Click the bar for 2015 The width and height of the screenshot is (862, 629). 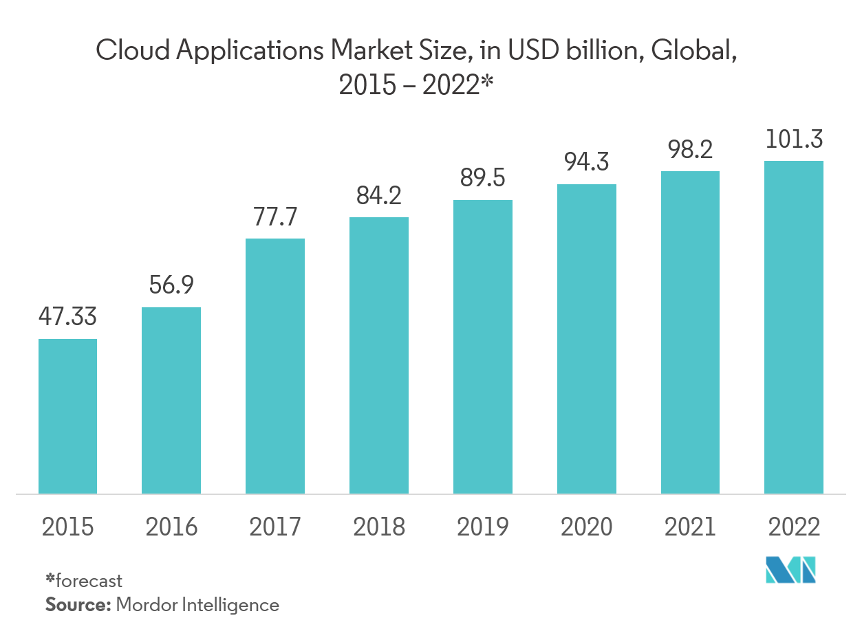point(67,416)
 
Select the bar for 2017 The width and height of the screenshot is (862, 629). point(275,366)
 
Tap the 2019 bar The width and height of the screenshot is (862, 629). point(482,346)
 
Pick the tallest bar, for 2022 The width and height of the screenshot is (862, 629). point(794,327)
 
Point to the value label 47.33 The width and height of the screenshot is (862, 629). point(67,318)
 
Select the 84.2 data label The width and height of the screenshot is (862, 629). point(379,196)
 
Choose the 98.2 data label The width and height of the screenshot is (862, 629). point(690,150)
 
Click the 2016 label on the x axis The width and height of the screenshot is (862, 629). point(171,527)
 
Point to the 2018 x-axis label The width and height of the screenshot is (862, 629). point(379,527)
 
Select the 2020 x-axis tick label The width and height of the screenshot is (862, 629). point(587,527)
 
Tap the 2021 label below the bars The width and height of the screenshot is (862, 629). point(690,527)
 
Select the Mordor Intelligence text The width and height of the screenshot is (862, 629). point(198,605)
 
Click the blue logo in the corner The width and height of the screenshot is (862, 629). point(790,570)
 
